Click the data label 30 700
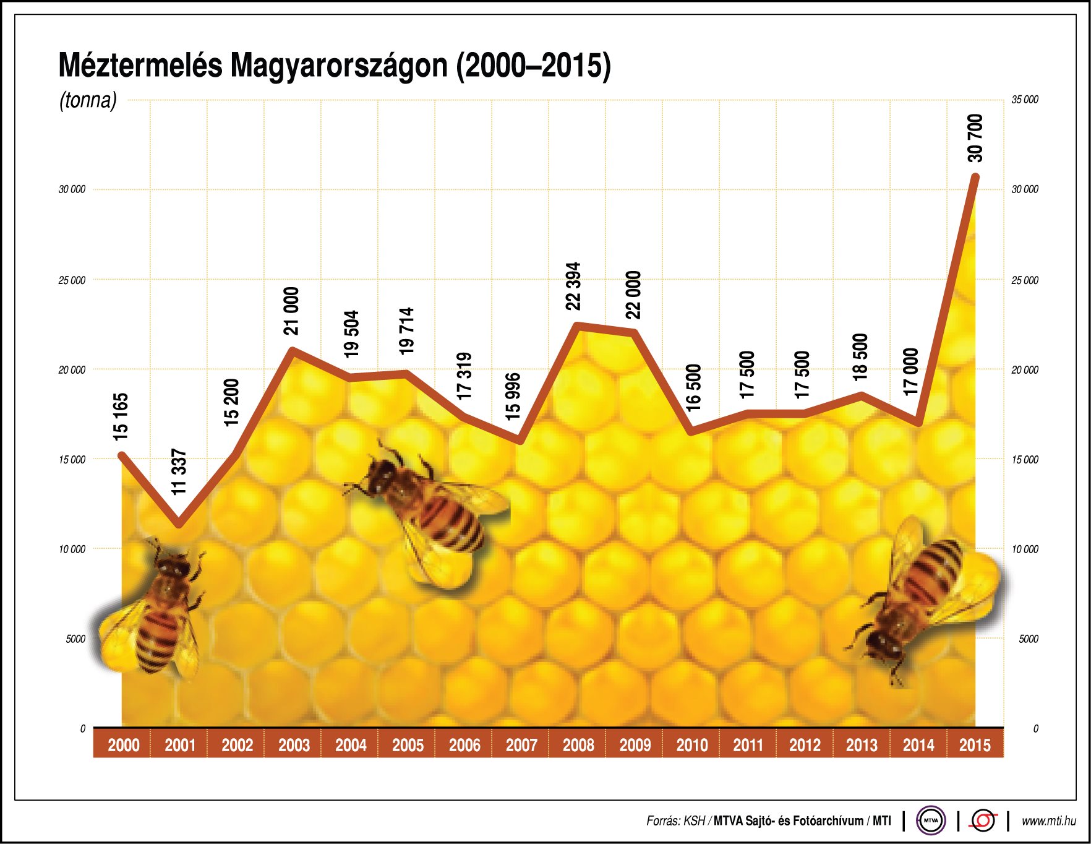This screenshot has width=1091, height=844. (975, 138)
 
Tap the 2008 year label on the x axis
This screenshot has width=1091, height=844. (578, 745)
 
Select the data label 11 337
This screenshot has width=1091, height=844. (179, 472)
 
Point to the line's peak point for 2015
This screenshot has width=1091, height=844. (975, 178)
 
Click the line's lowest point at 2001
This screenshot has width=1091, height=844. (179, 525)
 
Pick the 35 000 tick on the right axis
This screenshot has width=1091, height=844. (1025, 100)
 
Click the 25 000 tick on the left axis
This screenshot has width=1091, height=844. (72, 280)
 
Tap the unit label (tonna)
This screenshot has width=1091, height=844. (88, 100)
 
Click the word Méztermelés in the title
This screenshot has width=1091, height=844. (140, 66)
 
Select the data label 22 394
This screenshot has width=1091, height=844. (573, 286)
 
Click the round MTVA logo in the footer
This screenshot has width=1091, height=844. (930, 820)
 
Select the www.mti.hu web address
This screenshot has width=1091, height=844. (1048, 821)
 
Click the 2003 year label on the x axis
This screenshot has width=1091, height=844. (294, 745)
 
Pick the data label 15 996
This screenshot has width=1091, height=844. (513, 397)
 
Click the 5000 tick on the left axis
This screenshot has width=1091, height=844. (75, 639)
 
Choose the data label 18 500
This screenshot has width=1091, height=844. (860, 356)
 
